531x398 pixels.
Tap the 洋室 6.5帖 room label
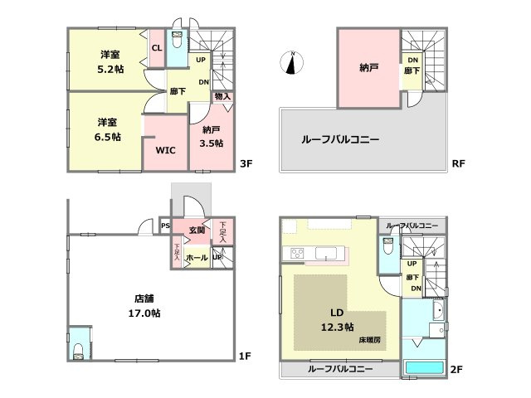click(x=106, y=129)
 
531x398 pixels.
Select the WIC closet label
click(x=164, y=151)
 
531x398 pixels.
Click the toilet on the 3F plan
click(x=177, y=41)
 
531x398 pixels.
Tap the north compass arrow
click(x=292, y=63)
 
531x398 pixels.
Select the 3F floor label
click(x=246, y=164)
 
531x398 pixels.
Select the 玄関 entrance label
click(x=197, y=230)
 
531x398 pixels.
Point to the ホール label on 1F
click(x=197, y=258)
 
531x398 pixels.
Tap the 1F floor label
click(x=245, y=357)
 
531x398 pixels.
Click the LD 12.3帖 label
click(x=338, y=319)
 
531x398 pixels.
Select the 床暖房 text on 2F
click(x=370, y=340)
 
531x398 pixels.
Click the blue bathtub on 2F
click(x=425, y=368)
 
